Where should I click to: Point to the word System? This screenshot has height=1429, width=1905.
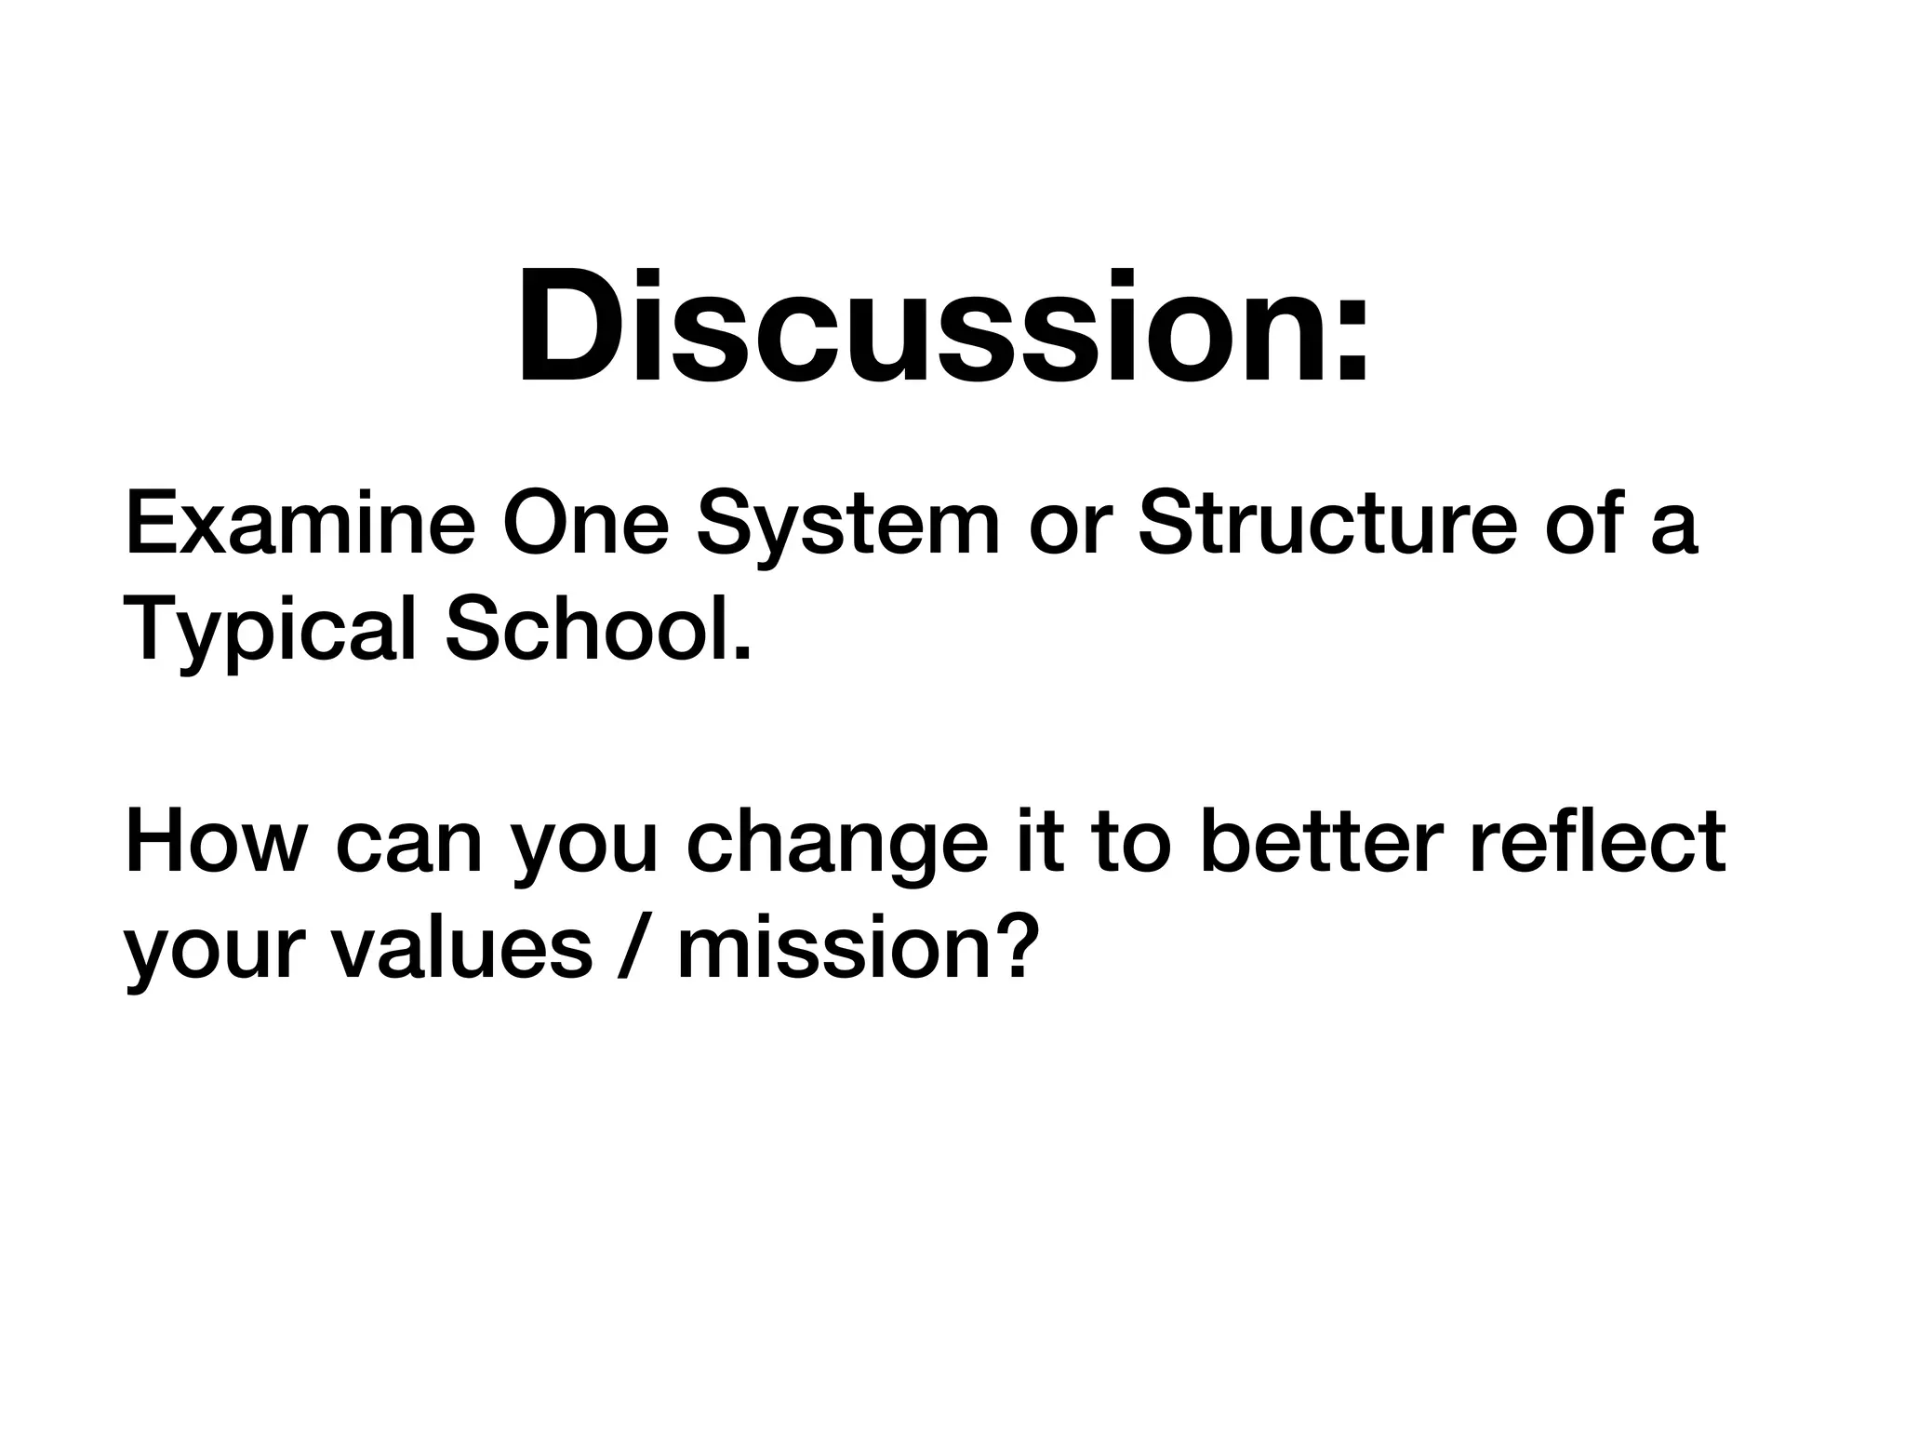click(847, 527)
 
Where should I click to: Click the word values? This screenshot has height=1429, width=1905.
click(461, 951)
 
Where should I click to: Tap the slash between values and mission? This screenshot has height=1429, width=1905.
click(633, 951)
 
